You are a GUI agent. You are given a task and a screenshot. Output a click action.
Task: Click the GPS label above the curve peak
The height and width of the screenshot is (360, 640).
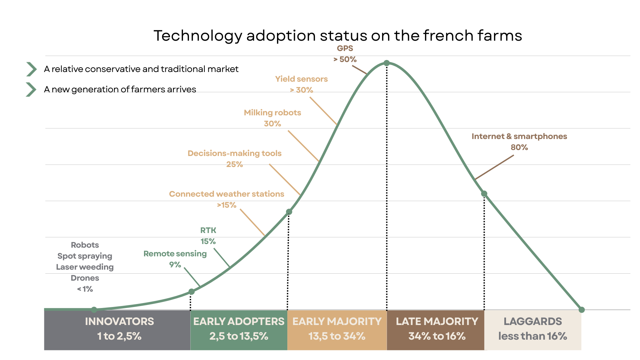click(345, 48)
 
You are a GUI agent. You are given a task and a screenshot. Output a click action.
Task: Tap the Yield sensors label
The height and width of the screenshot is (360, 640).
click(301, 79)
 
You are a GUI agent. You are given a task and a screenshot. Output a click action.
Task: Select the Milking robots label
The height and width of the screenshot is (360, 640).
click(272, 113)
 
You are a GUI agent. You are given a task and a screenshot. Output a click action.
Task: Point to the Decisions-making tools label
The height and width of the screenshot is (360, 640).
click(234, 153)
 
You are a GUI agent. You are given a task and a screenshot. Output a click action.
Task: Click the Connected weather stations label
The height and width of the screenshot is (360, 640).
click(226, 194)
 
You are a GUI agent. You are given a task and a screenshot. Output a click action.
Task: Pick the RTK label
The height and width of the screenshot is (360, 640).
click(208, 230)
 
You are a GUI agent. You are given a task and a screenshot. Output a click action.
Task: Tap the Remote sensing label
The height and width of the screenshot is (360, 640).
click(175, 254)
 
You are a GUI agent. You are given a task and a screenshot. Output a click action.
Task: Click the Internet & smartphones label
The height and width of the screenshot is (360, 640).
click(519, 136)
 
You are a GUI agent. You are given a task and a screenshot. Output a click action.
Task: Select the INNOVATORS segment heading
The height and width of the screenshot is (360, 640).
click(119, 321)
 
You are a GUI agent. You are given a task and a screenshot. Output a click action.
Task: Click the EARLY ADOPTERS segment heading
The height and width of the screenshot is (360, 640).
click(239, 321)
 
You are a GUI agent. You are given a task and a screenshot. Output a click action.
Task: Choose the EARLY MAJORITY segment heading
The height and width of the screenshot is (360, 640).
click(337, 321)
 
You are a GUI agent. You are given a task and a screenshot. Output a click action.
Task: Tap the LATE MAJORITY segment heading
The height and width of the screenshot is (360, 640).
click(437, 321)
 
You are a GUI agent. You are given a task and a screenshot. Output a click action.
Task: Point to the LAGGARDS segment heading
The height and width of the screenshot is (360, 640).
click(533, 321)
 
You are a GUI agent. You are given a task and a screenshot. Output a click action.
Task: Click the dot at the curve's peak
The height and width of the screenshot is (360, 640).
click(387, 63)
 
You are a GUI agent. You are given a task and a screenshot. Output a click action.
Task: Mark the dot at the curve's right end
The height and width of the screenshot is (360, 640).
click(582, 310)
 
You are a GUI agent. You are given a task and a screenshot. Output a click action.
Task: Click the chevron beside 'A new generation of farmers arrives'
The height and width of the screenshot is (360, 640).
click(31, 89)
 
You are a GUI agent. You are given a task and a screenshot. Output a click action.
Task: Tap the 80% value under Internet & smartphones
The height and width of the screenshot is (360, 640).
click(519, 147)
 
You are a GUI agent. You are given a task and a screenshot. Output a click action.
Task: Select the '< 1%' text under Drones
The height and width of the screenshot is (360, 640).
click(85, 289)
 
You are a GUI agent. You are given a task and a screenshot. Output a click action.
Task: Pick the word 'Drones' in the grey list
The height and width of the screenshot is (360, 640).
click(85, 278)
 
